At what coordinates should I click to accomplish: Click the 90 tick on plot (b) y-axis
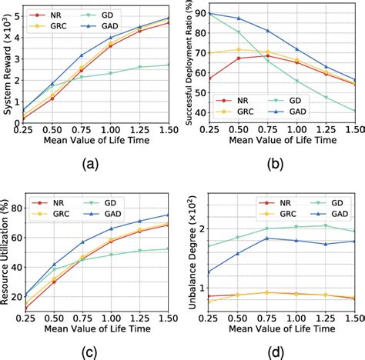pyautogui.click(x=197, y=13)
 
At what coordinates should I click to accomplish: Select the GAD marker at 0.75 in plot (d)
pyautogui.click(x=266, y=238)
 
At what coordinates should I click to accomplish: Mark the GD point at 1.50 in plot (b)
pyautogui.click(x=355, y=110)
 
